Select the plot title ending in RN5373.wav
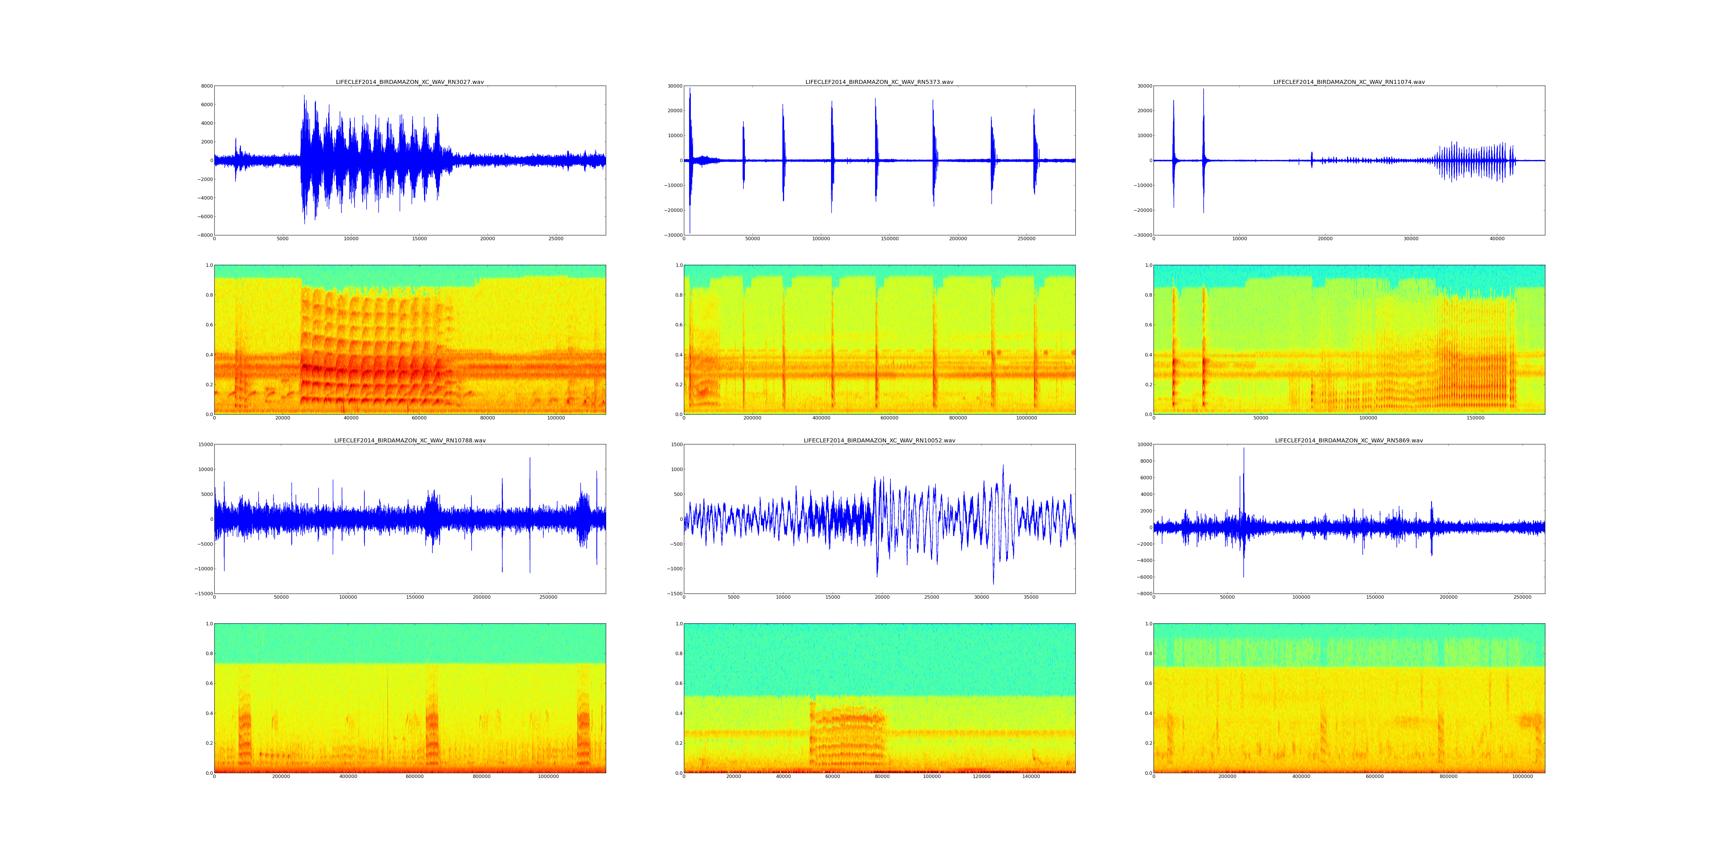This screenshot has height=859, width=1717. point(879,82)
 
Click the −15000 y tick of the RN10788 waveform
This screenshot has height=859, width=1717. point(202,594)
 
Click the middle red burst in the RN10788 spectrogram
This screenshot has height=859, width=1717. point(432,727)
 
